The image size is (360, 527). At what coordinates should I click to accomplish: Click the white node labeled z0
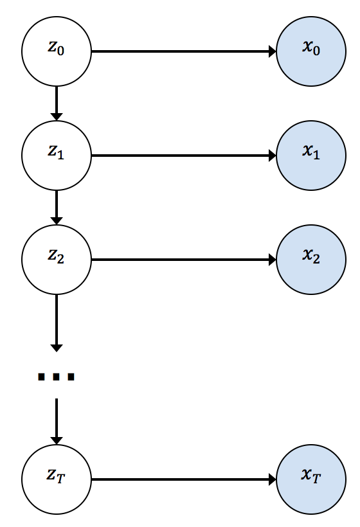point(57,51)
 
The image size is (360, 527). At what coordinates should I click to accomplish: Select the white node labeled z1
point(57,156)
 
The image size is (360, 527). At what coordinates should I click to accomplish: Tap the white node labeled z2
point(57,260)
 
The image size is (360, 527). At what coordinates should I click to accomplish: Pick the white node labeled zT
point(57,479)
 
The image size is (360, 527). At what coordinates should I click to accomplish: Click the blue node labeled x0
point(311,51)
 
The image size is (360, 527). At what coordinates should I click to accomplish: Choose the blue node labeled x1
point(311,156)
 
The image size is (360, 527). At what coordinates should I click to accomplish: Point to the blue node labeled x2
point(311,260)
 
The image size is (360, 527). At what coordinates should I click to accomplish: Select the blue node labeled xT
point(311,479)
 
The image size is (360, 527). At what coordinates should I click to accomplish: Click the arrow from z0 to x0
point(184,51)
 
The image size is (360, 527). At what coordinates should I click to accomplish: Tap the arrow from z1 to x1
point(184,156)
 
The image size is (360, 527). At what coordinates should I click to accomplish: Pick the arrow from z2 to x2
point(184,260)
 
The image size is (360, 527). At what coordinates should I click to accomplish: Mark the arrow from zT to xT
point(184,479)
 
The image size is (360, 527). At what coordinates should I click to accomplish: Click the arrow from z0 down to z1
point(57,103)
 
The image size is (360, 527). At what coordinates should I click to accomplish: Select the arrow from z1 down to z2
point(57,208)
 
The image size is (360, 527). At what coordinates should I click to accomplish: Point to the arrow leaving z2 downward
point(57,323)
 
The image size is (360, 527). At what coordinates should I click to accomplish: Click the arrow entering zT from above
point(57,422)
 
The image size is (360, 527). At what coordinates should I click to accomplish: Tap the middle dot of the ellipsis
point(57,377)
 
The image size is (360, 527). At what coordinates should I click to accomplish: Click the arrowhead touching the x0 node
point(273,51)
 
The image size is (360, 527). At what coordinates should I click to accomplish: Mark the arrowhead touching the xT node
point(273,479)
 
